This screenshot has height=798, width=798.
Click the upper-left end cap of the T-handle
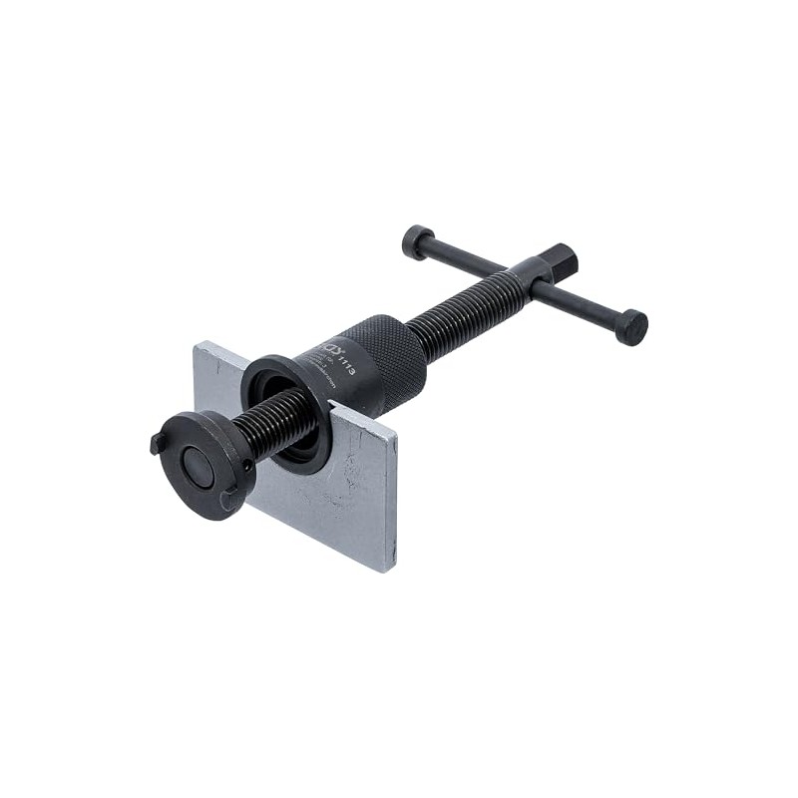coord(417,241)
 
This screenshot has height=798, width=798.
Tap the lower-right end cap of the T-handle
coord(630,327)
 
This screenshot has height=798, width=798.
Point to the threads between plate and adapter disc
coord(274,424)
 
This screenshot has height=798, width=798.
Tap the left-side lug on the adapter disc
coord(158,443)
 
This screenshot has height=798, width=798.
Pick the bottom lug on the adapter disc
coord(228,498)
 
